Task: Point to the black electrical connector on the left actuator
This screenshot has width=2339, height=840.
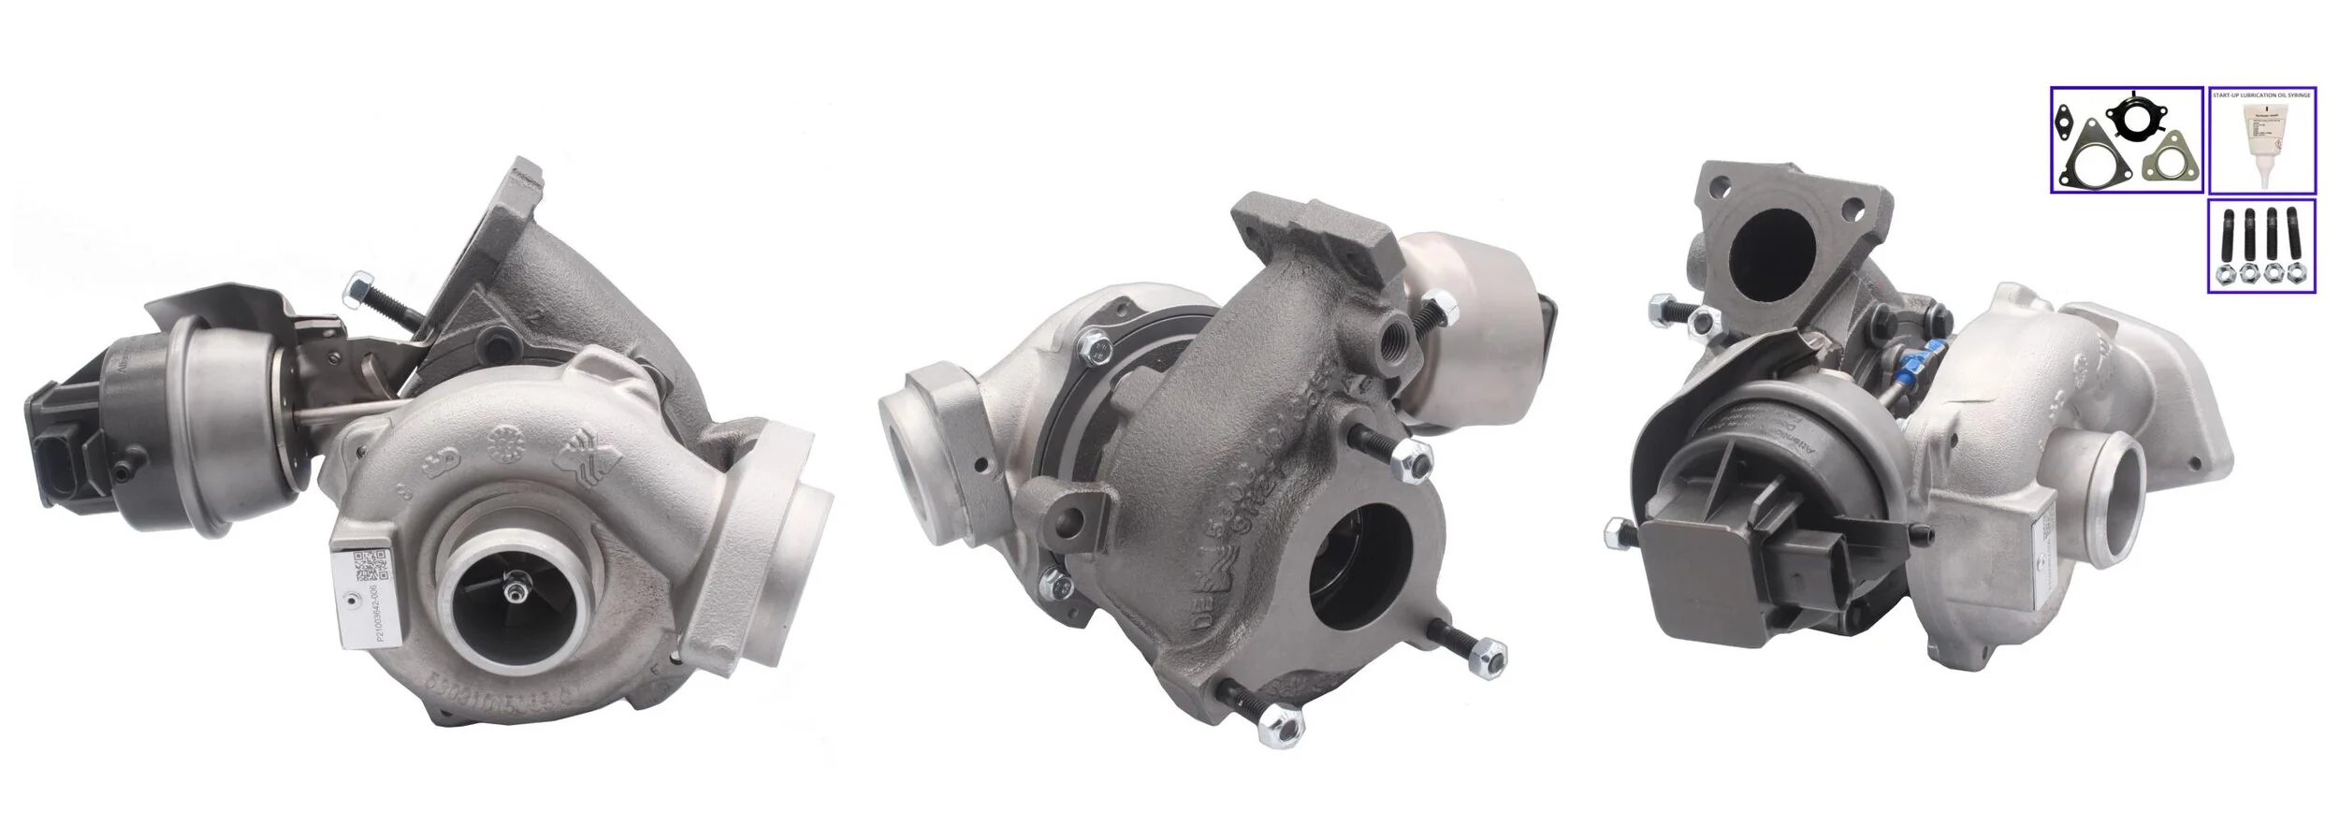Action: pos(56,468)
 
